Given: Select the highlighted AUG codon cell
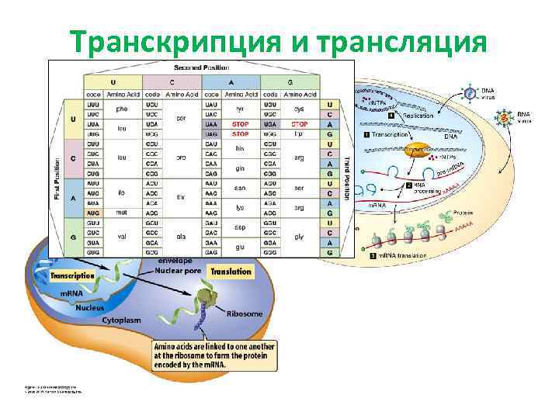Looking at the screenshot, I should [x=93, y=212].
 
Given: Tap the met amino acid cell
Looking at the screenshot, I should [x=122, y=212].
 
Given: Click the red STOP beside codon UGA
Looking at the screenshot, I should [x=299, y=124].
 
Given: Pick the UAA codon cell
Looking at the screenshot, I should [x=210, y=124].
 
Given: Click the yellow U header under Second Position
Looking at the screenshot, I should [x=114, y=81].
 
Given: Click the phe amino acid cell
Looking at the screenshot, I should [x=122, y=109].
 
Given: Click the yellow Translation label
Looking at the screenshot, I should [x=231, y=272].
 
